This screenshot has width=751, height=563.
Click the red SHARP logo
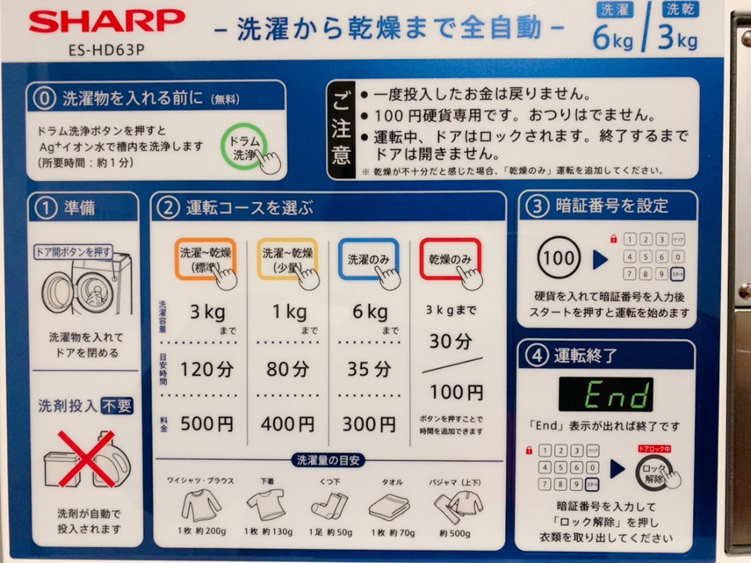(107, 22)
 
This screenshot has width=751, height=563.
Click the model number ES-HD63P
(107, 50)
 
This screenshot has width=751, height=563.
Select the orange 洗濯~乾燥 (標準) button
(205, 259)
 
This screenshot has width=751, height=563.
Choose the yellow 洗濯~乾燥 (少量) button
(287, 259)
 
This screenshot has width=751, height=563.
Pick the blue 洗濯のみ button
(368, 259)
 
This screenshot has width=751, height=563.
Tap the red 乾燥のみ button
(450, 259)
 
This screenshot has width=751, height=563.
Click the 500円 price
(207, 424)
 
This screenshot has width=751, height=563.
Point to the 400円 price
(287, 424)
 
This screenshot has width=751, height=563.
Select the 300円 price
(369, 424)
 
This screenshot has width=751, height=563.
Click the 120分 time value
(207, 369)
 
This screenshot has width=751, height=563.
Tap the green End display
(606, 394)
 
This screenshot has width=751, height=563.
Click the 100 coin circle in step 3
(559, 257)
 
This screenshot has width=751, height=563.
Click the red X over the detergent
(87, 459)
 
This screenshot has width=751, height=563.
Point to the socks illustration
(329, 506)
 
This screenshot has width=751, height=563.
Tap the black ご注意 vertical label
(341, 130)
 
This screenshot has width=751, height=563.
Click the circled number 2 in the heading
(168, 208)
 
